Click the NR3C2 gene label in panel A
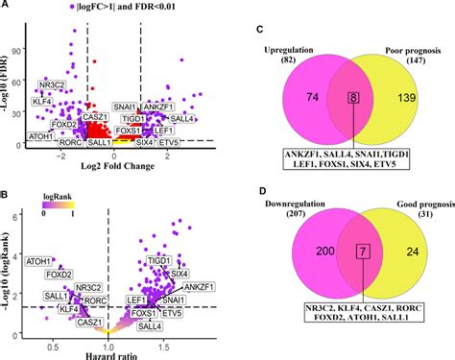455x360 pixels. point(53,83)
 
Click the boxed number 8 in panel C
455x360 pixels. point(329,98)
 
